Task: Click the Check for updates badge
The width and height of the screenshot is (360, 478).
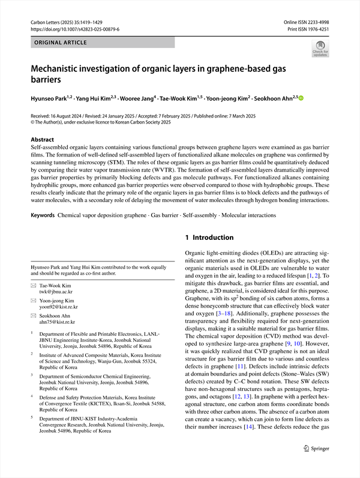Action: tap(320, 49)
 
